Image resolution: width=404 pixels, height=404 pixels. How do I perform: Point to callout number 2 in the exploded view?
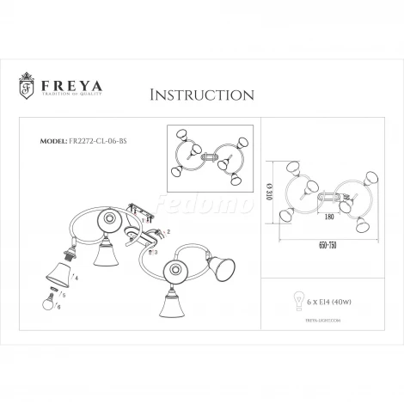click(x=168, y=233)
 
